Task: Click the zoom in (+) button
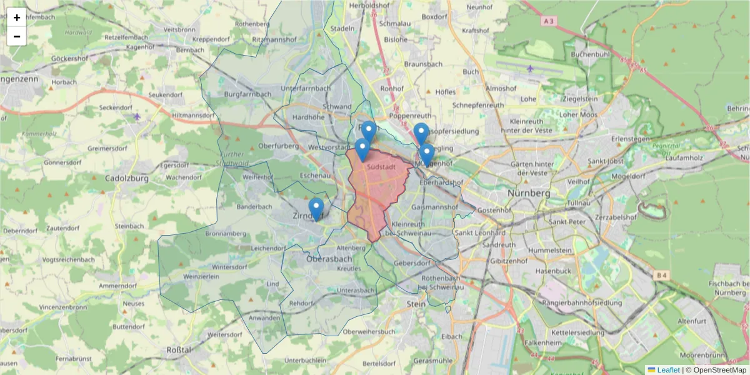17,17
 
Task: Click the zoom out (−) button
17,36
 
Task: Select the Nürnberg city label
529,193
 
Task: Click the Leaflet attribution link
667,370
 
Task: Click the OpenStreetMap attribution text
716,370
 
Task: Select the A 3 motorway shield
549,21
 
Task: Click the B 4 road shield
662,274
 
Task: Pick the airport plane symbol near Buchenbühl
531,68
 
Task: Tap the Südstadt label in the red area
382,167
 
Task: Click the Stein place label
416,303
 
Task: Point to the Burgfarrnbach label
247,94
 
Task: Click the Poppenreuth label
411,116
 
